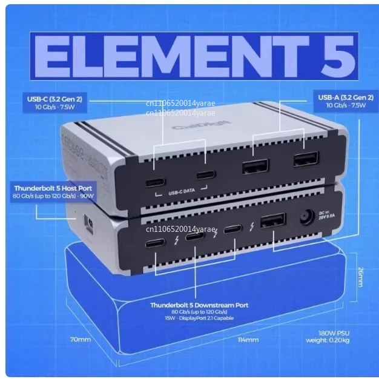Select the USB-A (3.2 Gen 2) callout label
click(345, 97)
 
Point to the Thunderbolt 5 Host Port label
click(53, 189)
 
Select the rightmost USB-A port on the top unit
click(305, 159)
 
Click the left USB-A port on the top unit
click(255, 166)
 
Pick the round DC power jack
click(306, 217)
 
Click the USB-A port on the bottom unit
click(273, 221)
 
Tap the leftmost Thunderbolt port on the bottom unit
click(154, 244)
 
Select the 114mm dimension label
click(246, 340)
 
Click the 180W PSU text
click(332, 333)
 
